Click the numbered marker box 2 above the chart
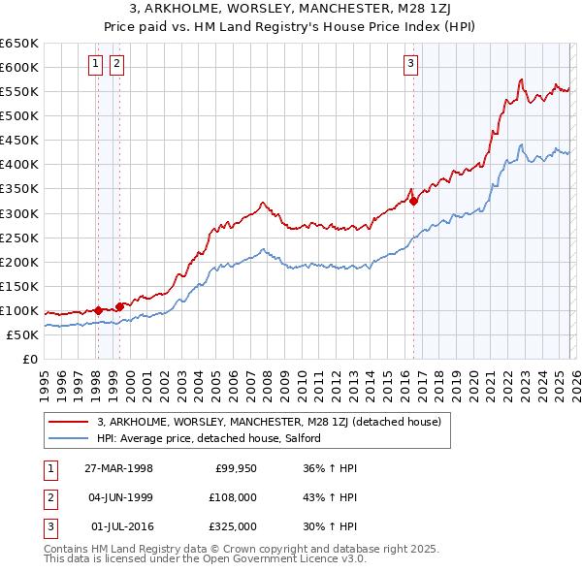[116, 65]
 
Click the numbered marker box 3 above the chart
[411, 65]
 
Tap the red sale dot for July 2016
[414, 202]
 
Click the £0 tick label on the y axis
[29, 359]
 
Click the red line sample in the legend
[68, 422]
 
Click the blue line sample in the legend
[68, 438]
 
